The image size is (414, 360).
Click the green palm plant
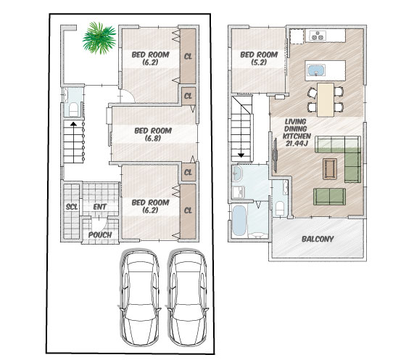[x=99, y=38]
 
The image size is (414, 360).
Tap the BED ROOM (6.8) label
[x=153, y=134]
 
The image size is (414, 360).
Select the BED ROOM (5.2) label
[x=259, y=58]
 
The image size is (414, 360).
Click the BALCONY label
[x=318, y=240]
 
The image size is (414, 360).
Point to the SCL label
[x=72, y=207]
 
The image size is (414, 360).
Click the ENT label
[x=100, y=207]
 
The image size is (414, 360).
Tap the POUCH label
[x=100, y=234]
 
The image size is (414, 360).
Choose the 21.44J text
[x=297, y=144]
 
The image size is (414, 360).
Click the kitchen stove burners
[x=317, y=36]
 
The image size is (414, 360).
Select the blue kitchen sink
[x=317, y=70]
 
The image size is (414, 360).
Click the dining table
[x=326, y=100]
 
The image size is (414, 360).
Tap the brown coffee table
[x=330, y=169]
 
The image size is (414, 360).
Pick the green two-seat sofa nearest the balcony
[x=329, y=197]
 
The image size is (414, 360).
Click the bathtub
[x=239, y=221]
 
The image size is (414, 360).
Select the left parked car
[x=140, y=297]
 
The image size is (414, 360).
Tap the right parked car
[x=187, y=297]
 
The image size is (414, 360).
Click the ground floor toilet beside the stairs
[x=73, y=110]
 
